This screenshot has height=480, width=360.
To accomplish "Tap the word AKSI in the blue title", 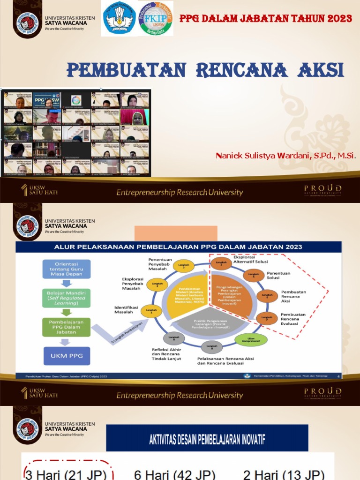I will pos(321,70).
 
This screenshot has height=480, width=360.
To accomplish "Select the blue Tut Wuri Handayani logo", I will pos(119,19).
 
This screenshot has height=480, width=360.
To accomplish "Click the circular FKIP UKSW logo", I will pos(156,19).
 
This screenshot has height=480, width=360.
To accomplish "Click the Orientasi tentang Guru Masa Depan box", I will pos(66,269).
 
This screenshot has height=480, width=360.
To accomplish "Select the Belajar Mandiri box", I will pos(66,297).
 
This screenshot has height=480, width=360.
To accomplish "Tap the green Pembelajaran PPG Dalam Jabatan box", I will pos(66,327).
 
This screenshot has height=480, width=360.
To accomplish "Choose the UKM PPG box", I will pos(66,356).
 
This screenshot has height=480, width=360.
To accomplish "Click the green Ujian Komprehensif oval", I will pos(251,340).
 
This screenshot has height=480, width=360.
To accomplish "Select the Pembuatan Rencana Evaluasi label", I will pos(293,319).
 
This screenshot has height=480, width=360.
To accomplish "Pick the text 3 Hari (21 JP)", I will pos(66,474).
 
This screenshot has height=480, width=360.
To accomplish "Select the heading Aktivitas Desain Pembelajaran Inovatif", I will pos(207,439).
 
